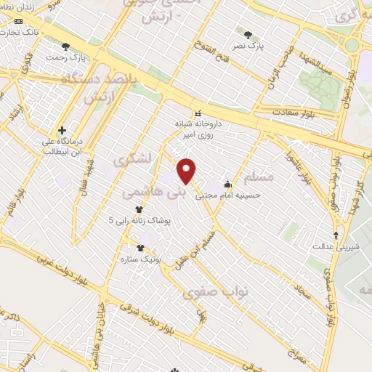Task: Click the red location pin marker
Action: click(187, 171)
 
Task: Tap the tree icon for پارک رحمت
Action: click(66, 46)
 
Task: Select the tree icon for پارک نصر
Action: click(248, 35)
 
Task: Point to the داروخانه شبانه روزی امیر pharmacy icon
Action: click(198, 112)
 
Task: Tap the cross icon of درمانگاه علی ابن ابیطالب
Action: click(62, 130)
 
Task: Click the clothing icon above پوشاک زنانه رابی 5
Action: click(139, 209)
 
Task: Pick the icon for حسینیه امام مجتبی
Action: click(228, 185)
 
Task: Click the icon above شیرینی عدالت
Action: click(336, 235)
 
